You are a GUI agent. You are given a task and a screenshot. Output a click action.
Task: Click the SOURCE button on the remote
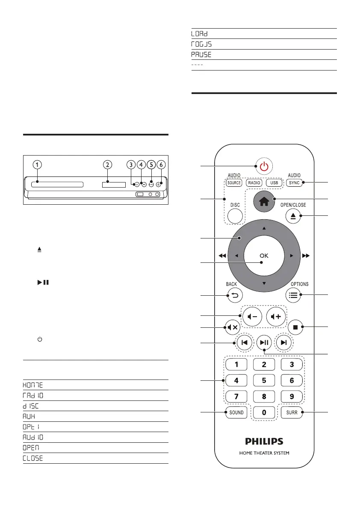(x=235, y=182)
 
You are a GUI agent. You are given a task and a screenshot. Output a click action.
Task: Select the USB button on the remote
(x=274, y=182)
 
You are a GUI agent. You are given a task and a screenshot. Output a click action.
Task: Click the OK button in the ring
(x=264, y=256)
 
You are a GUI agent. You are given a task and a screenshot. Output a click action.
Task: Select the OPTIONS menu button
(x=294, y=295)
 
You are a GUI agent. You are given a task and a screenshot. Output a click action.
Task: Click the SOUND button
(x=236, y=412)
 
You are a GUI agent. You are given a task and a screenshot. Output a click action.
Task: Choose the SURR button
(x=293, y=412)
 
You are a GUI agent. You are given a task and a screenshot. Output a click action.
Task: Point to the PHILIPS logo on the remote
(x=264, y=440)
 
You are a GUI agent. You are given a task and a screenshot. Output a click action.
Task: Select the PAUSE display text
(x=201, y=55)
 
